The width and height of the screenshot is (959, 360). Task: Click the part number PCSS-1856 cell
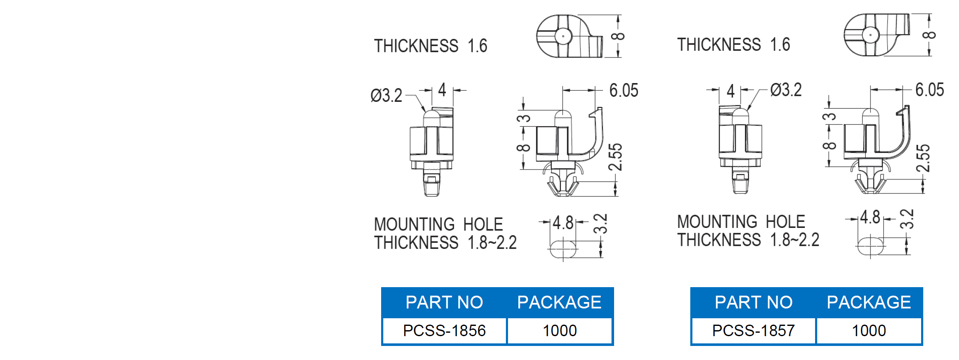[444, 331]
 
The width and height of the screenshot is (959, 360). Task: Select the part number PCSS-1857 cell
[753, 331]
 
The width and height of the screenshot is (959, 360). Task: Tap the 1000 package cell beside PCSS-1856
[560, 331]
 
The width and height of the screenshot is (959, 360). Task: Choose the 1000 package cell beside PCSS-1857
[869, 331]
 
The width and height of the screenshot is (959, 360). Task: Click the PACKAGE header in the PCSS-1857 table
[869, 302]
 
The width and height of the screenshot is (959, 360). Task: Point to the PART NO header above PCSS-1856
[444, 302]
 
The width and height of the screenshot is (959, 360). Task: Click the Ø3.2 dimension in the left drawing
[386, 95]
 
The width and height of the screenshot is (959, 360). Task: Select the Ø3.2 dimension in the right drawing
[786, 90]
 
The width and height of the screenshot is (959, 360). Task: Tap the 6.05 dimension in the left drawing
[624, 90]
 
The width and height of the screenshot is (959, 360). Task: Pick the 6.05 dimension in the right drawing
[930, 89]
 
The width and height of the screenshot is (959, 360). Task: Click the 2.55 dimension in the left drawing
[615, 157]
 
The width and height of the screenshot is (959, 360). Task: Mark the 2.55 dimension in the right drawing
[923, 158]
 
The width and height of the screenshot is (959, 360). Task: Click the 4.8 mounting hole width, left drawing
[563, 223]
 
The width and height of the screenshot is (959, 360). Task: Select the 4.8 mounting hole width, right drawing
[870, 217]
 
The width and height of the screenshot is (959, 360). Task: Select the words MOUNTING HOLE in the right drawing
[741, 222]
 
